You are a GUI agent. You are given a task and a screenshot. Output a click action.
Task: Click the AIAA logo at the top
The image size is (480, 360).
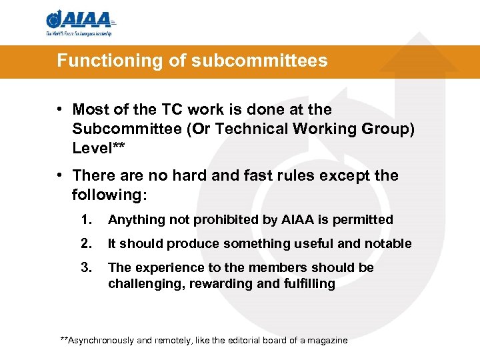coord(79,23)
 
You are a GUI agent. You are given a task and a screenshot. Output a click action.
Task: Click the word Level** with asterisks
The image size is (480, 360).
coord(99,148)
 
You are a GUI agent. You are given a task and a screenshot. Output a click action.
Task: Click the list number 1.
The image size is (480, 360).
coord(85,219)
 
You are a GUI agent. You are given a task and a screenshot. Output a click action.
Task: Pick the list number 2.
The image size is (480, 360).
coord(85,243)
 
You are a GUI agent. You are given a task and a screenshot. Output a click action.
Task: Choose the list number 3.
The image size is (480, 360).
coord(85,267)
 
